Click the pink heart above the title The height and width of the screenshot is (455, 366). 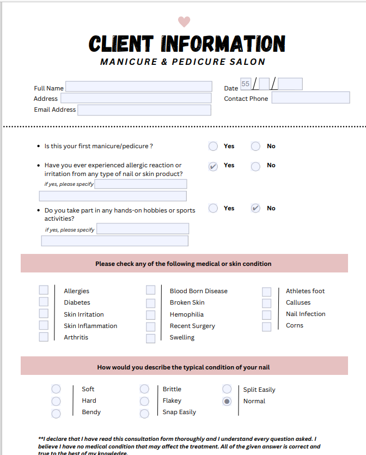[x=184, y=22]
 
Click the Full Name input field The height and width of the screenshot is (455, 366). [x=138, y=87]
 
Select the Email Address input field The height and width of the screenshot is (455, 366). [x=144, y=110]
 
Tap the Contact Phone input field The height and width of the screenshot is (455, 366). [x=310, y=98]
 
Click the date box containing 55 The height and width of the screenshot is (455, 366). [x=246, y=84]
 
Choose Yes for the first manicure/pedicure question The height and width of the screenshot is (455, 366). [x=213, y=146]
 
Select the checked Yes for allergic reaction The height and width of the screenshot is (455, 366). [x=213, y=166]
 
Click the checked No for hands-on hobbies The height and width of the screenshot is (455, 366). [x=255, y=208]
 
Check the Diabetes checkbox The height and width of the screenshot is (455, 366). [x=44, y=302]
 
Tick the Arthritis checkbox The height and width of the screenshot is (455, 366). [x=44, y=337]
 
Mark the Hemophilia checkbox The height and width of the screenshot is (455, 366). [x=150, y=314]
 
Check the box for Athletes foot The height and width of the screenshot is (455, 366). [x=266, y=292]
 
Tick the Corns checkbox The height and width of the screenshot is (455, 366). [x=266, y=326]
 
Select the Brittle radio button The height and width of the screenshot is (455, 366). [x=144, y=389]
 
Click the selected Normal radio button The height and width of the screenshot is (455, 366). [x=227, y=401]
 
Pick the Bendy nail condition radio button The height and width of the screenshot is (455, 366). [x=56, y=414]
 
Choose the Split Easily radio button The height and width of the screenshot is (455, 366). [x=227, y=389]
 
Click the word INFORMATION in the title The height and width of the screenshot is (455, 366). [x=223, y=44]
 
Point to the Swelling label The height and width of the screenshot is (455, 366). [x=182, y=337]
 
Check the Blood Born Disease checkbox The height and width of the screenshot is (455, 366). [x=150, y=290]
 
